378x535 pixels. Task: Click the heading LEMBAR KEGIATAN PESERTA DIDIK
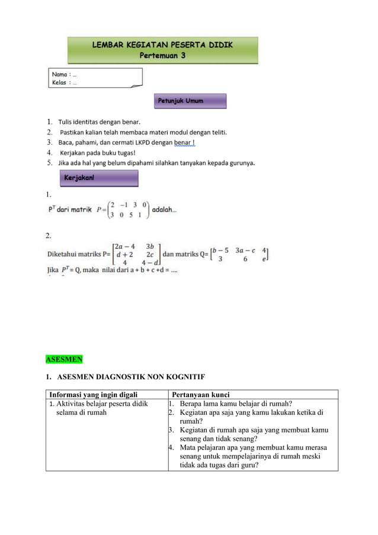coord(162,45)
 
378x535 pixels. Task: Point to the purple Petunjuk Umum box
coord(190,101)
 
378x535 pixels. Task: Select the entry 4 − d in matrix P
coord(149,262)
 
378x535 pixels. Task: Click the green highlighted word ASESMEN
coord(65,359)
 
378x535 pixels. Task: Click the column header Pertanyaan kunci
coord(200,395)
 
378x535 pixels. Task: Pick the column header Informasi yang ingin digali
coord(93,395)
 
